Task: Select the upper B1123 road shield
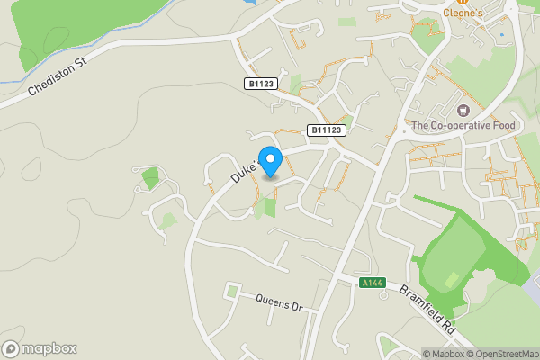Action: (261, 83)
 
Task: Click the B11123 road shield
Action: (327, 130)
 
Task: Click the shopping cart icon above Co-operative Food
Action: (463, 110)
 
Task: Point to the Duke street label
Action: (244, 168)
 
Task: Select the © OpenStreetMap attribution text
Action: (500, 354)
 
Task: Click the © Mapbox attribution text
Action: (442, 354)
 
